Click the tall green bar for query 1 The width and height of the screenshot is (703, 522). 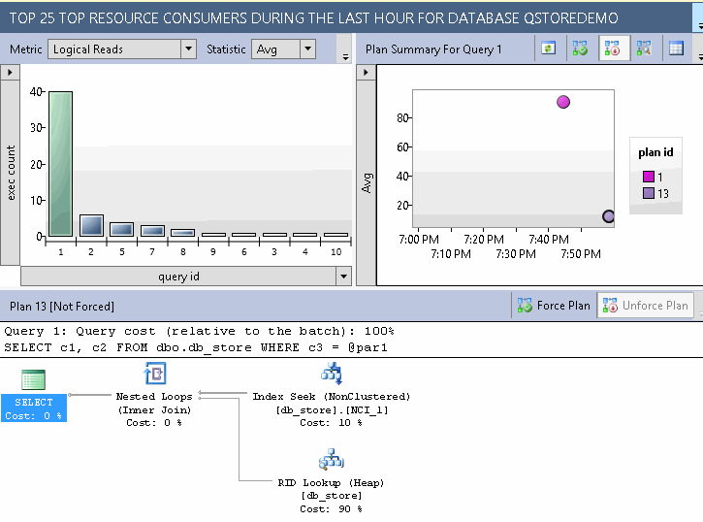[x=60, y=163]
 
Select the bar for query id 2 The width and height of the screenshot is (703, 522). [x=91, y=225]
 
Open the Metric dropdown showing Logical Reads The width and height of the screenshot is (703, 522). [x=188, y=49]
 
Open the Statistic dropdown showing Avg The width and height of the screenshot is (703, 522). [x=307, y=49]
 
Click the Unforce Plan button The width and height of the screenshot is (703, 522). [x=645, y=306]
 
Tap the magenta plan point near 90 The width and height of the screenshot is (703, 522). [x=563, y=102]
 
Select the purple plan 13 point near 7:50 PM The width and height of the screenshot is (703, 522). [x=608, y=216]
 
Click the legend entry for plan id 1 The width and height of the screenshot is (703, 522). [x=654, y=177]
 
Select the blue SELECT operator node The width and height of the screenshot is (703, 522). [x=34, y=408]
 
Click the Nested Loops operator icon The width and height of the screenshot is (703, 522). [x=154, y=375]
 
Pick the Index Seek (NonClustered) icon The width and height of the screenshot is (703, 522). [x=332, y=375]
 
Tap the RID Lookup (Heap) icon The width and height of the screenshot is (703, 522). [x=332, y=460]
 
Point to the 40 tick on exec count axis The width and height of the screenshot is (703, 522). [x=36, y=92]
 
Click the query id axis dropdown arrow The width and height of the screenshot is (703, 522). [x=342, y=277]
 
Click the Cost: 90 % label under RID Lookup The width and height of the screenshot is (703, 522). [x=331, y=508]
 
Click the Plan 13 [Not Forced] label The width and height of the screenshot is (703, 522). [x=62, y=306]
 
